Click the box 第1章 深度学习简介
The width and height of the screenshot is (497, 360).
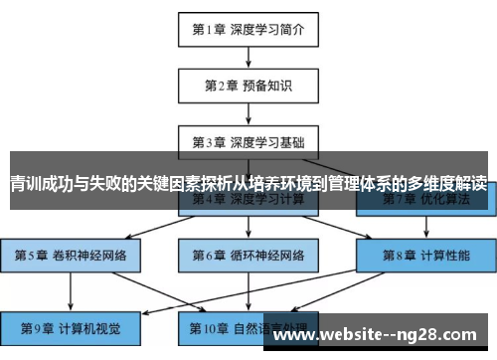coord(248,30)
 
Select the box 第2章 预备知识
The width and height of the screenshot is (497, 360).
coord(248,86)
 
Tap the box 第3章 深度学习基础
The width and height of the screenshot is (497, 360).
coord(248,141)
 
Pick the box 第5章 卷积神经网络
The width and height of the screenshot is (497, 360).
coord(71,255)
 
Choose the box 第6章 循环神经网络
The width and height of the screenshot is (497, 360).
coord(248,255)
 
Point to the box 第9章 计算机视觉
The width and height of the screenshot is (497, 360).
coord(71,326)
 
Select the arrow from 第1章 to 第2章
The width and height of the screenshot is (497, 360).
coord(248,58)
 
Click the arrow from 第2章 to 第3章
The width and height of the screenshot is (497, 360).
coord(248,113)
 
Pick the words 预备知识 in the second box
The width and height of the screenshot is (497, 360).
coord(265,86)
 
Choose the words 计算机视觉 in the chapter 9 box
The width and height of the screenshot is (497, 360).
coord(85,326)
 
